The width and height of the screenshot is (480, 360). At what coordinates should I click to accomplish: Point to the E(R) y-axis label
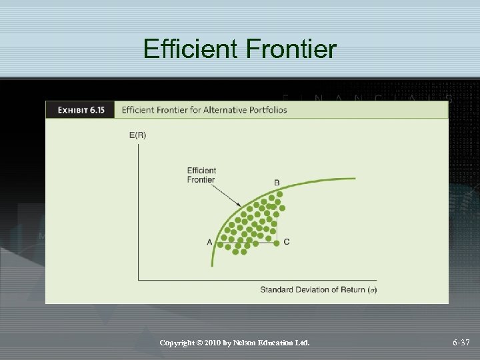(137, 135)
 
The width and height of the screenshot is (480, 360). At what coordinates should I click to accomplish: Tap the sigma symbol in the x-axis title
(371, 289)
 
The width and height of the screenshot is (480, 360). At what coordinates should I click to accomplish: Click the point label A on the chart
(209, 241)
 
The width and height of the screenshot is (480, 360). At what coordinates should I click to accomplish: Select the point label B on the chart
(277, 183)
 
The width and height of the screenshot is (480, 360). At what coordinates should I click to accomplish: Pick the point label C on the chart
(286, 241)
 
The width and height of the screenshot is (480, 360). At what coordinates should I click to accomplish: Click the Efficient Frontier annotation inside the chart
(201, 175)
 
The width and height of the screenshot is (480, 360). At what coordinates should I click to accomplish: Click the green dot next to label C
(276, 242)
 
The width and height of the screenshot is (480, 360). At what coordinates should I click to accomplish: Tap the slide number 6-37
(461, 343)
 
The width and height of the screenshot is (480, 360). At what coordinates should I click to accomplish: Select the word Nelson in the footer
(251, 343)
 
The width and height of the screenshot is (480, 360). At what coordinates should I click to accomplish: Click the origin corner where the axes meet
(138, 280)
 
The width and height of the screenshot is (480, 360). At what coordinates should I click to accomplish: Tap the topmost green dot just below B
(279, 194)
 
